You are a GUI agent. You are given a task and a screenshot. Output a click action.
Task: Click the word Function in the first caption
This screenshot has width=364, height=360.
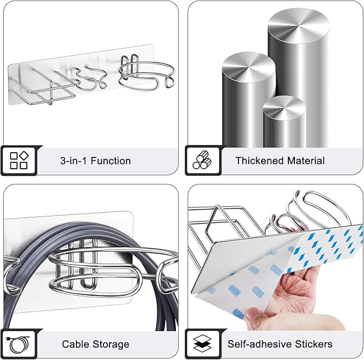click(x=110, y=161)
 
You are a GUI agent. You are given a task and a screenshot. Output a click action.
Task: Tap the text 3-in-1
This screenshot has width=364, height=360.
click(x=73, y=161)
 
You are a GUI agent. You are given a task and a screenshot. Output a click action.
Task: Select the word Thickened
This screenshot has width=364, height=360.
click(x=259, y=161)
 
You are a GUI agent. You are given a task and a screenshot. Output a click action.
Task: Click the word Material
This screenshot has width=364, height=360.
click(x=306, y=161)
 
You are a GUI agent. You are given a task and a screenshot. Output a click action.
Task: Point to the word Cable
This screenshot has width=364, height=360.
click(x=75, y=344)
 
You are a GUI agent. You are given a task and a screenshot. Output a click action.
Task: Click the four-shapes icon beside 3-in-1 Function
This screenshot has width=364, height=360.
click(x=19, y=161)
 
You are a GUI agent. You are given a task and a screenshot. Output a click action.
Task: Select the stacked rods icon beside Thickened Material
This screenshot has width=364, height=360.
click(x=202, y=160)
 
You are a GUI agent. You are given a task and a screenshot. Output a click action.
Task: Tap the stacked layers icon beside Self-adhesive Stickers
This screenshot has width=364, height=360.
click(x=203, y=343)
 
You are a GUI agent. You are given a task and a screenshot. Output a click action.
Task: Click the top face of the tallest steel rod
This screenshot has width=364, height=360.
click(x=299, y=26)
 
